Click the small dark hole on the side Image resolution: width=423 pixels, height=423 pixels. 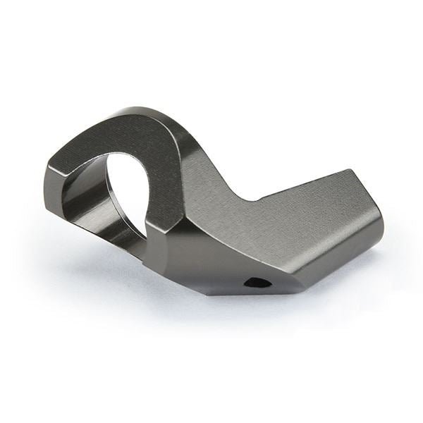point(257,283)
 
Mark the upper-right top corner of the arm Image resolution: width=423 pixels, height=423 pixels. point(348,171)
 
